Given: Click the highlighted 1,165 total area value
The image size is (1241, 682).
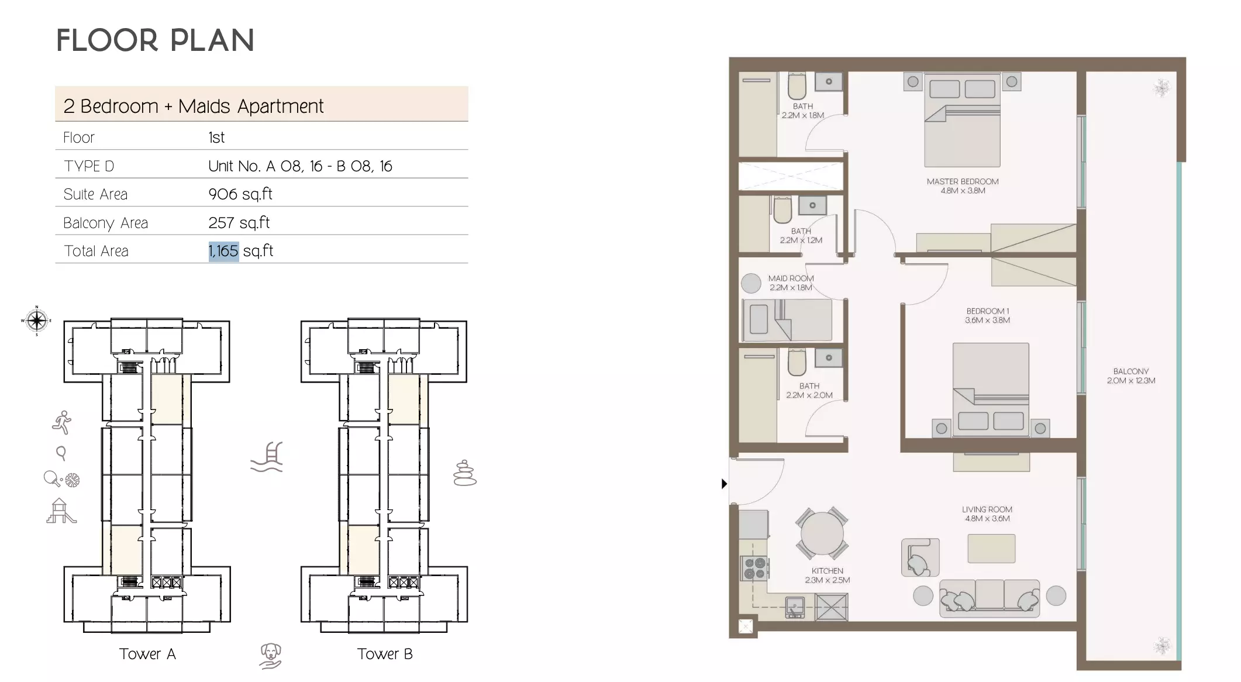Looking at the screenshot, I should click(x=223, y=251).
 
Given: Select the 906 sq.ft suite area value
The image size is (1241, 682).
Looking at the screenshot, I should click(x=240, y=194).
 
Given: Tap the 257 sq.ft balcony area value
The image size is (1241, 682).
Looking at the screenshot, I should click(x=239, y=222).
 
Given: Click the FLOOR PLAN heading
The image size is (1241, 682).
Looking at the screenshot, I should click(x=155, y=40).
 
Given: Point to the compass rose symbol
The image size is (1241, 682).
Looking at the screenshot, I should click(x=36, y=321).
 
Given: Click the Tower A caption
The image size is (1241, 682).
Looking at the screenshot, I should click(x=147, y=654).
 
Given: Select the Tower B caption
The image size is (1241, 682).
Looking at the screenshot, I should click(x=385, y=654).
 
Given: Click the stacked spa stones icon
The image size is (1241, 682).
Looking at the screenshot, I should click(x=465, y=473).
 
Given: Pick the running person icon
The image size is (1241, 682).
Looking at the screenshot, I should click(x=61, y=422).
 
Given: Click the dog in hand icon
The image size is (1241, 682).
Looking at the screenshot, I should click(x=271, y=655).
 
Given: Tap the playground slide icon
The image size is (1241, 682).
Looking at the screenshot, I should click(x=61, y=511).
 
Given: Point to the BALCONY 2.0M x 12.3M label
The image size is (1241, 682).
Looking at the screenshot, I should click(x=1130, y=376).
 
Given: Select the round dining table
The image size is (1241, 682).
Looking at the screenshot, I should click(x=822, y=533).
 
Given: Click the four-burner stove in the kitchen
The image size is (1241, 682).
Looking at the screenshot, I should click(x=754, y=568).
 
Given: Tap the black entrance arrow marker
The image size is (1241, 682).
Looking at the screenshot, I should click(x=724, y=484).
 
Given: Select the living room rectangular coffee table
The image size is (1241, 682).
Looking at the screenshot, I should click(x=991, y=548).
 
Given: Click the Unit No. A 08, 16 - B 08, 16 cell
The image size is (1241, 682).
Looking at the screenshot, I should click(x=300, y=166).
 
